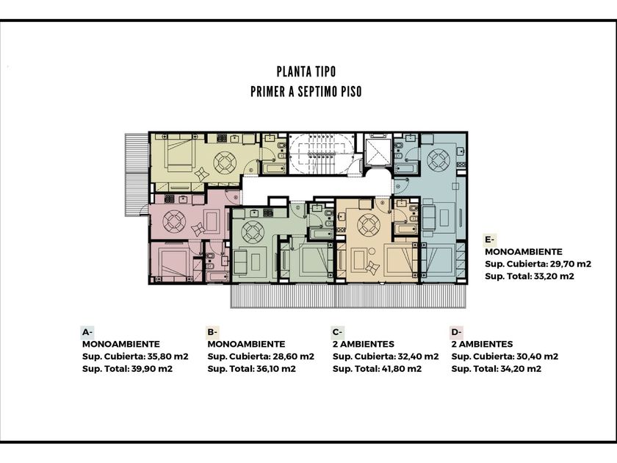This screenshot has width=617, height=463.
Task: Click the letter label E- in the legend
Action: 489,240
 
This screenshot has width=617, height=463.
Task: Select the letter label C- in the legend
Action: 337,332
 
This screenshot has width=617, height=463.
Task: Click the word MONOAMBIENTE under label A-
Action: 121,344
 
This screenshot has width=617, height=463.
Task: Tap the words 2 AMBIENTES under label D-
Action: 482,344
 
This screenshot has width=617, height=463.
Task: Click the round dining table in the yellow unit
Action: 225,162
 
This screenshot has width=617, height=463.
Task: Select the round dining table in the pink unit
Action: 174,222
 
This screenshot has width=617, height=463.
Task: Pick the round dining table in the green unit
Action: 253,232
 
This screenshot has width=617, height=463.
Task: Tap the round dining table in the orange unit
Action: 369,225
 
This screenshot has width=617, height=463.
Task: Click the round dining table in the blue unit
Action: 439,160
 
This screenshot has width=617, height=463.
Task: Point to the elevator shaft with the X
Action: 378,152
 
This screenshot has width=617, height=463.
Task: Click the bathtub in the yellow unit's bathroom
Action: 274,168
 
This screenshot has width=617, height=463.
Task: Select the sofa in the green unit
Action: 240,262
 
